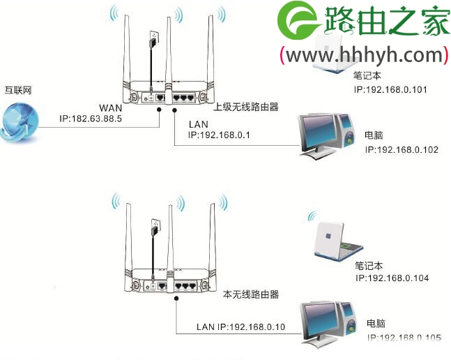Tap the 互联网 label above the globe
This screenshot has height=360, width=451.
click(16, 91)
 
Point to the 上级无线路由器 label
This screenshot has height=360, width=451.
click(245, 107)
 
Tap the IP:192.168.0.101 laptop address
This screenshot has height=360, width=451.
click(390, 89)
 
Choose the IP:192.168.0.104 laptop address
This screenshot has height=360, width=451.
click(392, 278)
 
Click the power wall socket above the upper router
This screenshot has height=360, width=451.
click(154, 35)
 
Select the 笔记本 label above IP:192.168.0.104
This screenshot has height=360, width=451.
click(369, 265)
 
